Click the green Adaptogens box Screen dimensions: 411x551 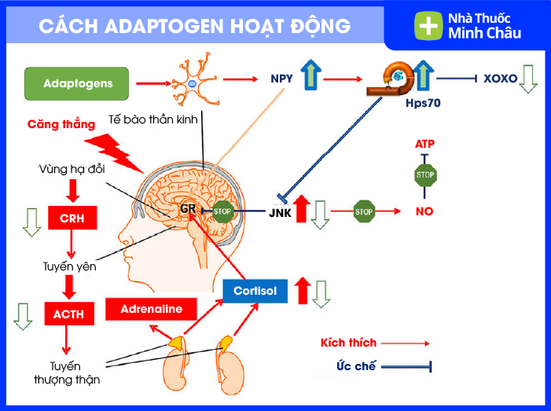pos(79,83)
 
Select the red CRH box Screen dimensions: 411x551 pos(72,218)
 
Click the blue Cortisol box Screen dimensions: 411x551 pos(255,291)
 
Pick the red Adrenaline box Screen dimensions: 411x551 pos(151,310)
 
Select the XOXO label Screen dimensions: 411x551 pos(500,79)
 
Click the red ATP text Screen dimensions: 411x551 pos(424,144)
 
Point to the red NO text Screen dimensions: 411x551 pos(424,211)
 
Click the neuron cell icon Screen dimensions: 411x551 pos(193,82)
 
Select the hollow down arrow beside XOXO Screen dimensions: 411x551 pos(527,79)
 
